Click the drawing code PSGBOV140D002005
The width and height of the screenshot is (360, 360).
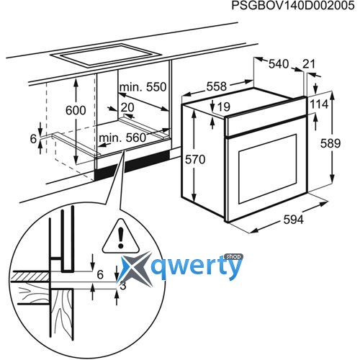click(293, 6)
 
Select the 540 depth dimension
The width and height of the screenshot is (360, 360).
click(279, 64)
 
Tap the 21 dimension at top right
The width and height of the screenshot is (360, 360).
click(309, 64)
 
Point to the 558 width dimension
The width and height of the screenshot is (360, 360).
click(217, 86)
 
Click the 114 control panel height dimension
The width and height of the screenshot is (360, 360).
click(319, 104)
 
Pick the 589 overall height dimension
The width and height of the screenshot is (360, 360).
click(330, 143)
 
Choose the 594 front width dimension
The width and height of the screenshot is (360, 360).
click(294, 220)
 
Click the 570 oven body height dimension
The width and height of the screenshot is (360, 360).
click(195, 160)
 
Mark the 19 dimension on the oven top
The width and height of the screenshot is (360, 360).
click(224, 107)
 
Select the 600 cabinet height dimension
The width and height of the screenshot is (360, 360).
click(76, 110)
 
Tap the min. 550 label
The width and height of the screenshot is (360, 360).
click(143, 87)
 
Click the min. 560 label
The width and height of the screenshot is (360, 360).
click(122, 138)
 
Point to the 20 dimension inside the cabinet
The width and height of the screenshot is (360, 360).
click(127, 107)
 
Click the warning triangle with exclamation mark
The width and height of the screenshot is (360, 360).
click(120, 238)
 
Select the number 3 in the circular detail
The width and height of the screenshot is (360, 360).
click(123, 286)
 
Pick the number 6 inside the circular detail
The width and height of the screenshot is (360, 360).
click(100, 274)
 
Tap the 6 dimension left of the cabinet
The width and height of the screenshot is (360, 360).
click(33, 139)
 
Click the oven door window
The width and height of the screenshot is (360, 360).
click(267, 169)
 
